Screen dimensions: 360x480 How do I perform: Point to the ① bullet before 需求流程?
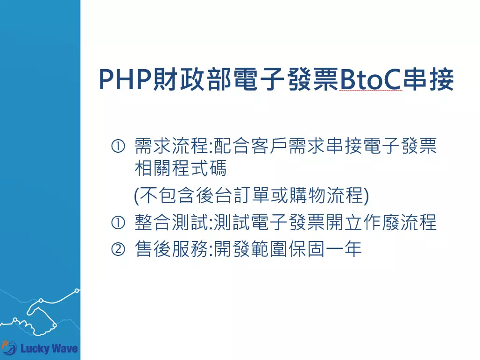118,147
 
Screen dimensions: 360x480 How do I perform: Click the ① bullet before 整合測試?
118,223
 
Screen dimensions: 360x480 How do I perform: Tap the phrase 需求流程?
172,147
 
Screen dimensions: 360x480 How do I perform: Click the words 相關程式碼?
180,169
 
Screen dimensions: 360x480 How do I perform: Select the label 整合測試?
172,223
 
